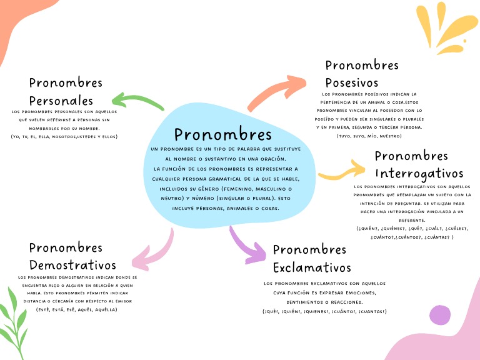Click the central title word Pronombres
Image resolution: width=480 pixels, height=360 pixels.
pos(223,135)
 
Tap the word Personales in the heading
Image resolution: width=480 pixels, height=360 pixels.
pos(61,101)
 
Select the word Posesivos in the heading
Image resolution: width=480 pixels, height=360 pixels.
pos(352,83)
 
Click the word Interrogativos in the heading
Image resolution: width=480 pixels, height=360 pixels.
pos(419,173)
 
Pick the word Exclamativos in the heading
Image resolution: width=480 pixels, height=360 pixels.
pos(312,267)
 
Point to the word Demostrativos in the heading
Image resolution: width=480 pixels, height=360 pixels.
pos(72,265)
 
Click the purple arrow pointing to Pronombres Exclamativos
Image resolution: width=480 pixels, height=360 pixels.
pos(246,244)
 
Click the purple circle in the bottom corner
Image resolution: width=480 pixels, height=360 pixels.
pos(440,315)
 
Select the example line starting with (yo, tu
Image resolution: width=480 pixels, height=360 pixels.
pos(64,136)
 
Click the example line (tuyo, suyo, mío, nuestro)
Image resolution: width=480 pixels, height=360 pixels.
pos(369,136)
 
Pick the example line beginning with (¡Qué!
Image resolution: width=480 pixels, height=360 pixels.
pos(324,311)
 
